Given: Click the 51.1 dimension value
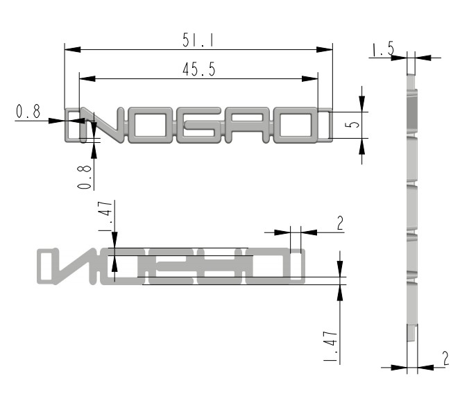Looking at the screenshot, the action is click(198, 40).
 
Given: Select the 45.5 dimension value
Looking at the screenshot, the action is click(199, 69).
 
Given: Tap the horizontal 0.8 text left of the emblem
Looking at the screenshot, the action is click(28, 112).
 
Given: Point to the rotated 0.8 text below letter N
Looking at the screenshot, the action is click(85, 177).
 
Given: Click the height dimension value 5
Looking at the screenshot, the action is click(352, 124).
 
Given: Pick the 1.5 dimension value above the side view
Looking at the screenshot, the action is click(382, 49).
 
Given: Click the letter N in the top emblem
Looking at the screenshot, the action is click(103, 126).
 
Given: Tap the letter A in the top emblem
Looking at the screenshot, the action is click(247, 126).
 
